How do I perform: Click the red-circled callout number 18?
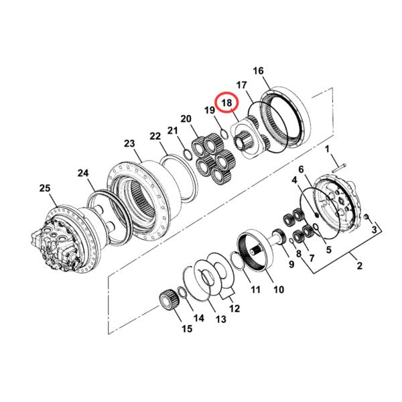tap(227, 103)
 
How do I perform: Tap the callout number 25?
tap(44, 190)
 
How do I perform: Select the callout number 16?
tap(259, 71)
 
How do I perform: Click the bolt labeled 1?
tap(341, 163)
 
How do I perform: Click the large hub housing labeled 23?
tap(141, 194)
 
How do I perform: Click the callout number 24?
tap(82, 173)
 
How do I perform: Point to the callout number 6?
tap(301, 170)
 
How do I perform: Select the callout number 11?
tap(255, 289)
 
